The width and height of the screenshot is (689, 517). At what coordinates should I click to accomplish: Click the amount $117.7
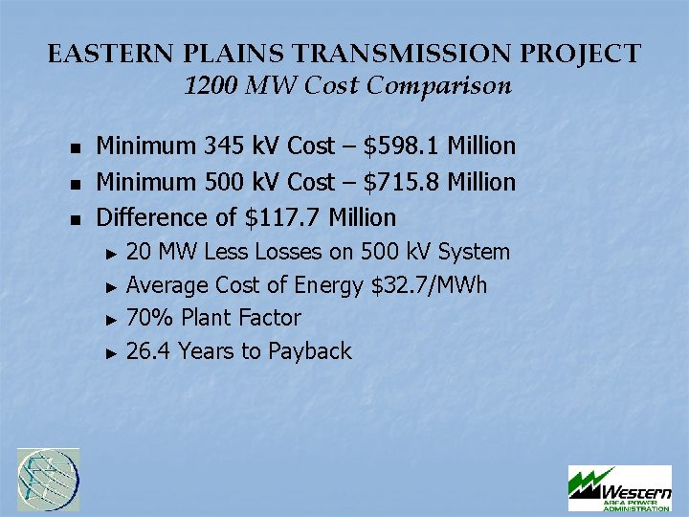point(284,217)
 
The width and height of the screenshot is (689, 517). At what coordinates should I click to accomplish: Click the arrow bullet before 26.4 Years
point(111,353)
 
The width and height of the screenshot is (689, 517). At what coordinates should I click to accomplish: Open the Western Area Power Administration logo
point(619,487)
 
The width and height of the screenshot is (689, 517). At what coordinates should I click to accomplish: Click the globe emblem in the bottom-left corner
point(49,479)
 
